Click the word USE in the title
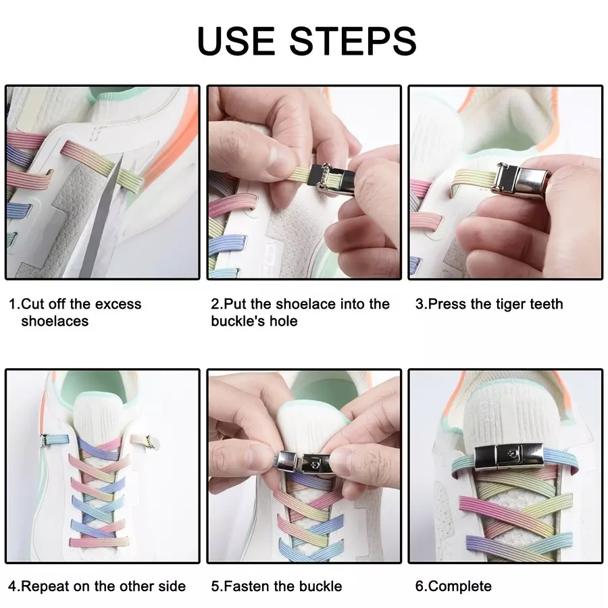pos(236,41)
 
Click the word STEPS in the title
pos(353,41)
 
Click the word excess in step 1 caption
pos(118,304)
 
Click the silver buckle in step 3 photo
pos(519,179)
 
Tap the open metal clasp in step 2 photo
pos(334,180)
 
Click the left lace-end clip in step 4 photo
pos(45,440)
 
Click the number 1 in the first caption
pos(12,304)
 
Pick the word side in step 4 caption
pos(172,586)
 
